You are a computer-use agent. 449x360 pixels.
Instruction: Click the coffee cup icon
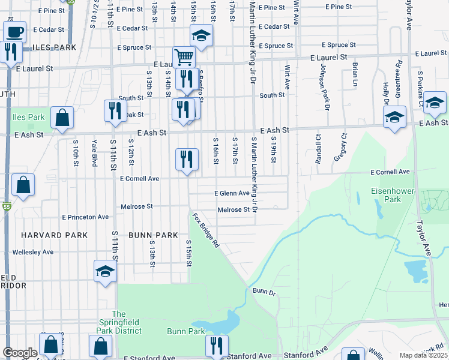pos(14,30)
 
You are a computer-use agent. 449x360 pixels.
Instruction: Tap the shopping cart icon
pos(184,58)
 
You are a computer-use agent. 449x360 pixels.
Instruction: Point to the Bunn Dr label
pos(264,292)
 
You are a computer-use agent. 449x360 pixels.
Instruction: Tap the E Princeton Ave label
pos(85,217)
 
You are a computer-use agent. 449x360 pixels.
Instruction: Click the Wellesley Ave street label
pos(33,252)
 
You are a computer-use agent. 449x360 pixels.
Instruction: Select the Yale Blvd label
pos(95,152)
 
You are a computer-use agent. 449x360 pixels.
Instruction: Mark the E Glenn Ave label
pos(232,193)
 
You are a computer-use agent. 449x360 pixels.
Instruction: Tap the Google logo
pos(20,353)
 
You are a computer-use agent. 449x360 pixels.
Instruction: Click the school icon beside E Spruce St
pos(202,36)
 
